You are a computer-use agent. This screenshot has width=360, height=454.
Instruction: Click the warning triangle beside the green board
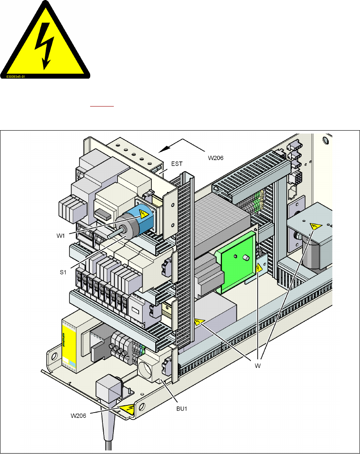(x=259, y=268)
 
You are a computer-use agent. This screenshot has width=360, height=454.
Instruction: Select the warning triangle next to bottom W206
(x=126, y=408)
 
